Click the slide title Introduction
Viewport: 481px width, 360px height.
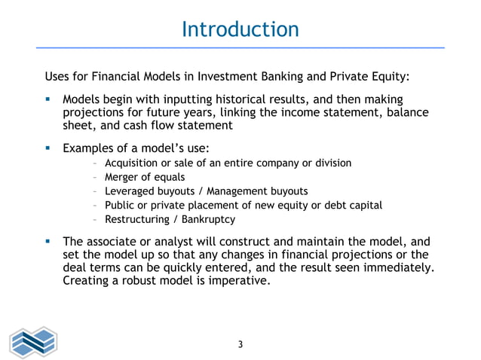coord(240,29)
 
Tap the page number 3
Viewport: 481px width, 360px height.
coord(240,345)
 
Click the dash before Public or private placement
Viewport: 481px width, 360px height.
coord(93,206)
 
